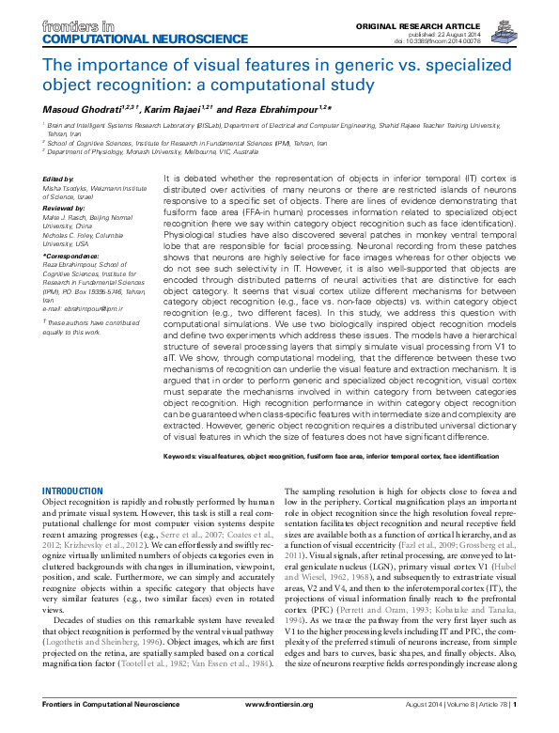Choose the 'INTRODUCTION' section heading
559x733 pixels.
pos(74,491)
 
